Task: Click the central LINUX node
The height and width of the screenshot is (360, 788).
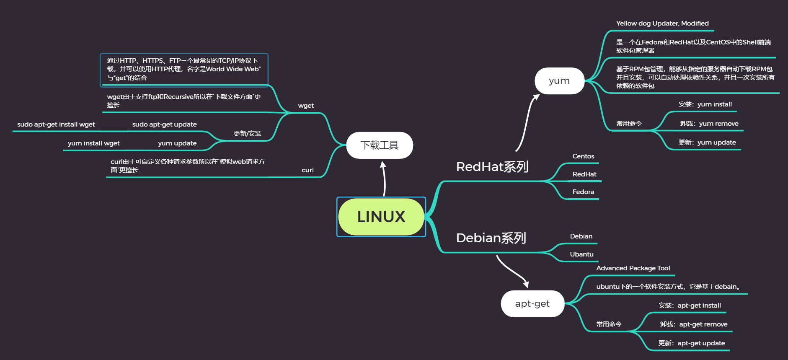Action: pyautogui.click(x=381, y=217)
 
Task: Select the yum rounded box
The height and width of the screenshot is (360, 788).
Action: pyautogui.click(x=559, y=81)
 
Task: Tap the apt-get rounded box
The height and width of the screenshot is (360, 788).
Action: pyautogui.click(x=532, y=304)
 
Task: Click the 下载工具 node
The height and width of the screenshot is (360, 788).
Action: pyautogui.click(x=380, y=145)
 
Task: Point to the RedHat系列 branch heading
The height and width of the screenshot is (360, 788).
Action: pyautogui.click(x=492, y=167)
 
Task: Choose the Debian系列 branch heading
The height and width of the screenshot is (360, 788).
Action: pyautogui.click(x=491, y=238)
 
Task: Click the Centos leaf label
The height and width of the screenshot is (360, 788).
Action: pyautogui.click(x=583, y=156)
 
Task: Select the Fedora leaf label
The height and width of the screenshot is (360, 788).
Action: pyautogui.click(x=583, y=192)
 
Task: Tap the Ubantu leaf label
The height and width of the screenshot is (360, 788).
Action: pyautogui.click(x=581, y=254)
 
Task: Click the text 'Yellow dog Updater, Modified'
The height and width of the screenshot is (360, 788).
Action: pyautogui.click(x=662, y=23)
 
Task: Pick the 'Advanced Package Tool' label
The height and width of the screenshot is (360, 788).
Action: pyautogui.click(x=633, y=268)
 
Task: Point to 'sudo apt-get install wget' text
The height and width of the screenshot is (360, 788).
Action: pyautogui.click(x=56, y=124)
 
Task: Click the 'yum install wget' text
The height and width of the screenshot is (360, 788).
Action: pyautogui.click(x=93, y=143)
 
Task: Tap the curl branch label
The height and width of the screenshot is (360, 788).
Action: pyautogui.click(x=307, y=170)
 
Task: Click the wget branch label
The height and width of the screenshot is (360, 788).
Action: pyautogui.click(x=306, y=106)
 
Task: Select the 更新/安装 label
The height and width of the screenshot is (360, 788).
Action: pyautogui.click(x=247, y=134)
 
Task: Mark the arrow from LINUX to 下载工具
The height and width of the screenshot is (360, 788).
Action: pyautogui.click(x=384, y=179)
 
